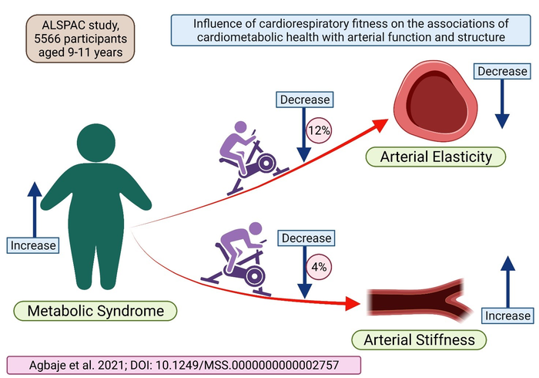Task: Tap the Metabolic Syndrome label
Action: click(x=95, y=312)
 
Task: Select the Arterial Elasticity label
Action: click(x=436, y=157)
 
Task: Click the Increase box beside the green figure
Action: click(x=33, y=245)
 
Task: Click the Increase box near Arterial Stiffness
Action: click(x=507, y=316)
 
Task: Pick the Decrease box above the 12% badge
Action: click(x=304, y=100)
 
